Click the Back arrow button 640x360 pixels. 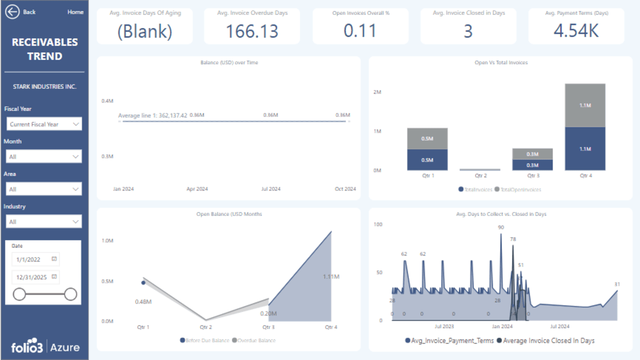pyautogui.click(x=12, y=12)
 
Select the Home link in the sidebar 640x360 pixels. pyautogui.click(x=75, y=12)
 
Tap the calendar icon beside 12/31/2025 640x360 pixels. pyautogui.click(x=54, y=276)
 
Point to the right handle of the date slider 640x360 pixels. pyautogui.click(x=70, y=294)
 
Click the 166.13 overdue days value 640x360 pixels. pyautogui.click(x=252, y=31)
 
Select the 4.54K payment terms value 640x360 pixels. pyautogui.click(x=576, y=31)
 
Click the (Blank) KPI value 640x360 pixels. pyautogui.click(x=144, y=31)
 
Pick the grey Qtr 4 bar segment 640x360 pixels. pyautogui.click(x=585, y=105)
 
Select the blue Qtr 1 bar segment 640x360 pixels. pyautogui.click(x=427, y=159)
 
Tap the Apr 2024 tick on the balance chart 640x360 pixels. pyautogui.click(x=197, y=189)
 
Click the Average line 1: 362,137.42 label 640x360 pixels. pyautogui.click(x=152, y=115)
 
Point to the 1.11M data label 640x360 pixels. pyautogui.click(x=331, y=276)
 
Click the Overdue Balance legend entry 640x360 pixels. pyautogui.click(x=256, y=340)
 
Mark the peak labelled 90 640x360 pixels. pyautogui.click(x=501, y=227)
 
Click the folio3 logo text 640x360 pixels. pyautogui.click(x=28, y=347)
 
